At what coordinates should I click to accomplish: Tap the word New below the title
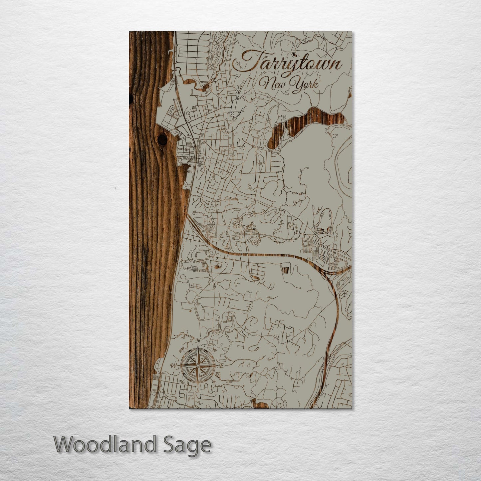pos(270,84)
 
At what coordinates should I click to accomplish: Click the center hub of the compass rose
pos(197,366)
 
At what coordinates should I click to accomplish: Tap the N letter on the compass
pos(198,341)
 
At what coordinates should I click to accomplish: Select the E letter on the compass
pos(222,366)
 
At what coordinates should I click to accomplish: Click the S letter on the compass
pos(197,390)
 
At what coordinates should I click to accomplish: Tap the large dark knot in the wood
pos(162,139)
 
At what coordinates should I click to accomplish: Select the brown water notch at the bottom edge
pos(257,403)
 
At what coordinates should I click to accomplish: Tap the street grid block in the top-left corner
pos(191,50)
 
